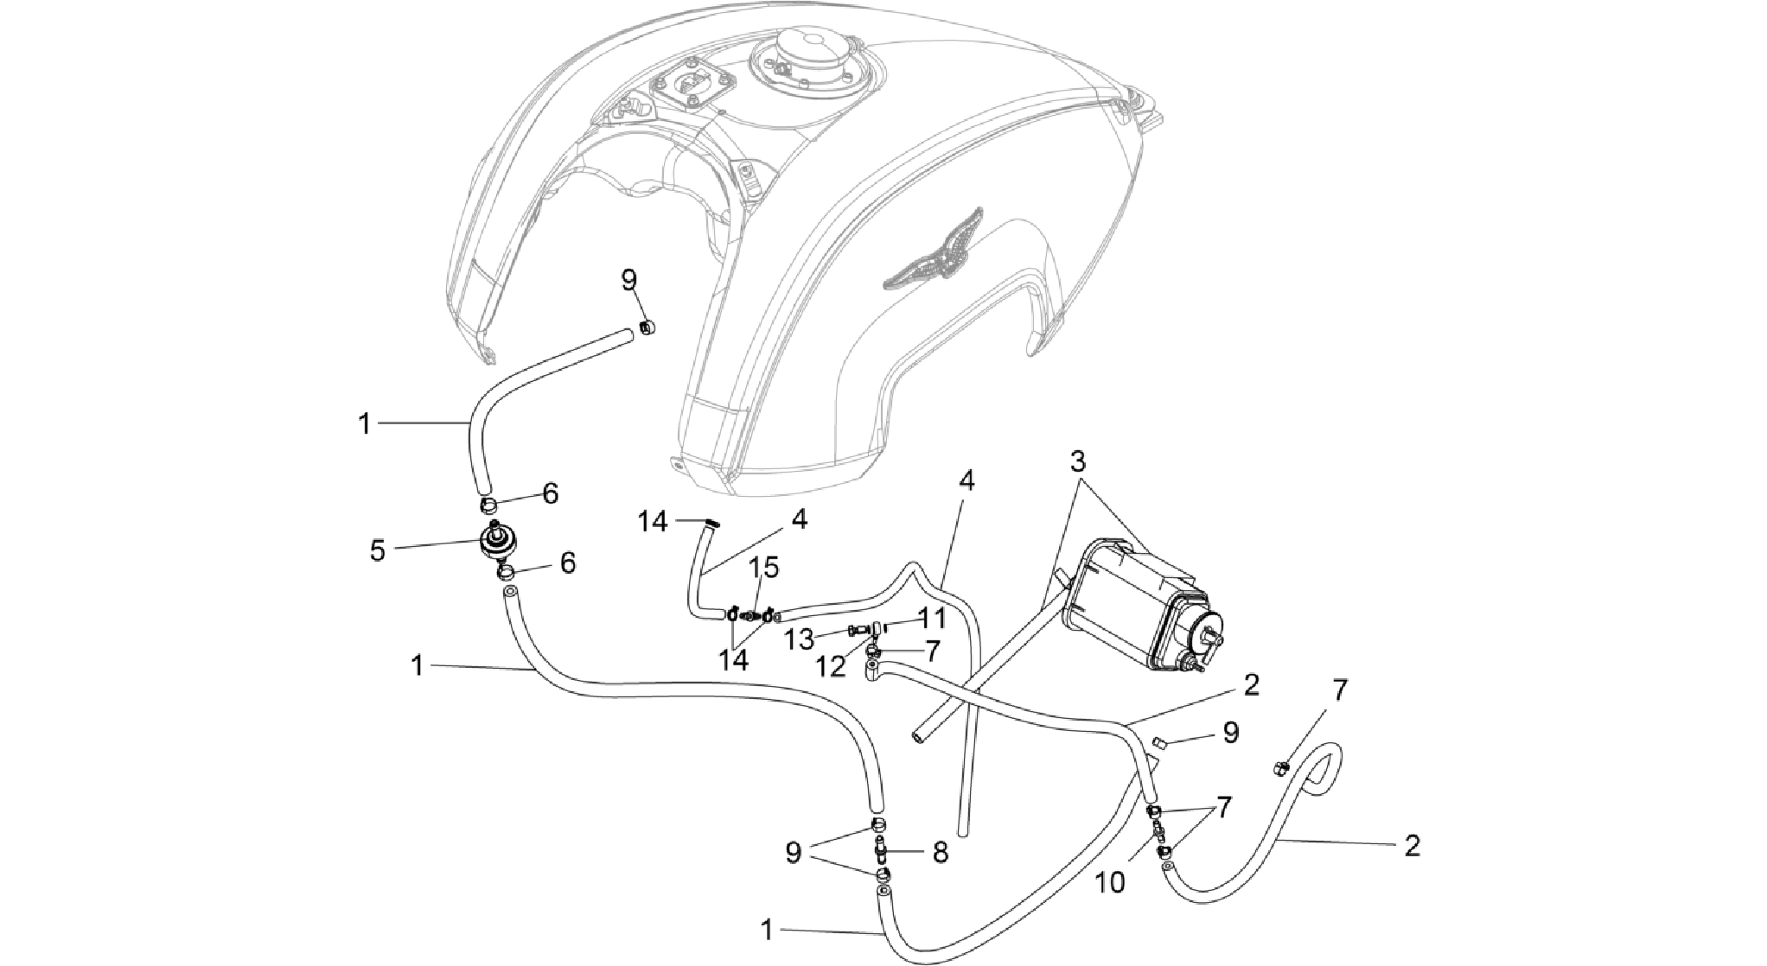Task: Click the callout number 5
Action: point(378,550)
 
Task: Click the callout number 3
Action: point(1077,461)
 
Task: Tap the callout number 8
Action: point(940,853)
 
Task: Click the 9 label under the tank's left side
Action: point(628,280)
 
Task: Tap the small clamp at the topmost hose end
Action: point(645,327)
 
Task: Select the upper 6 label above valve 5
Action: point(550,494)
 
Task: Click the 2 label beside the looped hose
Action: point(1411,846)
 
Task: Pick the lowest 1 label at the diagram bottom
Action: point(767,930)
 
